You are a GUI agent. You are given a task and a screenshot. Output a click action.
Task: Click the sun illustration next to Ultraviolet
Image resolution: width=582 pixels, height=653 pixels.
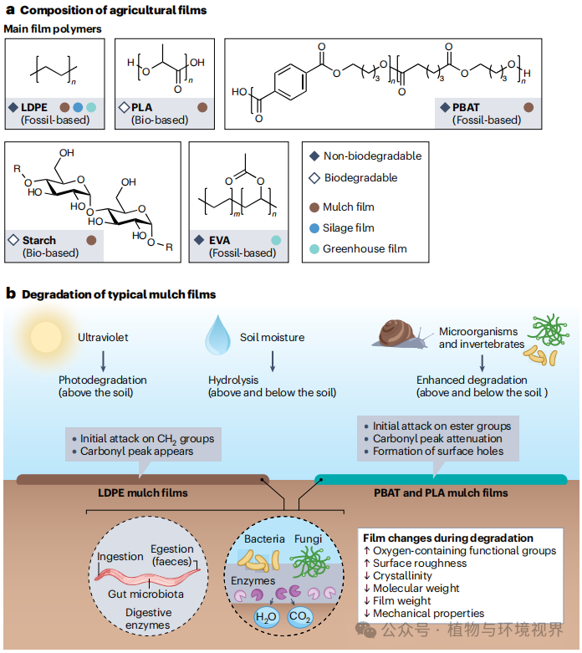46,337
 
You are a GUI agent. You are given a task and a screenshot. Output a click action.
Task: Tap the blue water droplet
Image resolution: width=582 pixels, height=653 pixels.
218,334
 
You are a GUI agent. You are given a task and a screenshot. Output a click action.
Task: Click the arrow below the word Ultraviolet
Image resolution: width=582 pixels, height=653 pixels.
103,360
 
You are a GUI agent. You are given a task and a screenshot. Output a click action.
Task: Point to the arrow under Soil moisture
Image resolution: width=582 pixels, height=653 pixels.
273,360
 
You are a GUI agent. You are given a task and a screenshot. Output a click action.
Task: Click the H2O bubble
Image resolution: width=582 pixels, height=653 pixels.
266,616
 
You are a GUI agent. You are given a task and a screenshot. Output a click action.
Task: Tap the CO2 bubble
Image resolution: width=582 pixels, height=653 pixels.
299,616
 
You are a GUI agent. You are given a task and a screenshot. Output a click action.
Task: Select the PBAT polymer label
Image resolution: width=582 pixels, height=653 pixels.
466,108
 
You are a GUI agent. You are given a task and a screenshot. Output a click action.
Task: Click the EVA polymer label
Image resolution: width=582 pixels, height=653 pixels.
219,240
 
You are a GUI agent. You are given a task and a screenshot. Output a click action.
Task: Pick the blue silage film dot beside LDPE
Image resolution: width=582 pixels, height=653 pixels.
78,108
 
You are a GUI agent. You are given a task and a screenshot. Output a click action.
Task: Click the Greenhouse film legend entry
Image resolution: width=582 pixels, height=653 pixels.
358,248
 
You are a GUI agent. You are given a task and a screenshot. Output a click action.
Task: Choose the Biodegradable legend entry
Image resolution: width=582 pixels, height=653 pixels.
353,178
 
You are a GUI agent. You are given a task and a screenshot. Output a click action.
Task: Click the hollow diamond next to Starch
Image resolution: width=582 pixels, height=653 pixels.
13,240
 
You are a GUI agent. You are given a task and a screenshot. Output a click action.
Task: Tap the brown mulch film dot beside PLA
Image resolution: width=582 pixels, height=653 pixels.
202,108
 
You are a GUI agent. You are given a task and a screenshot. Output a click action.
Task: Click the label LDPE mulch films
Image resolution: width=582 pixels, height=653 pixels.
143,493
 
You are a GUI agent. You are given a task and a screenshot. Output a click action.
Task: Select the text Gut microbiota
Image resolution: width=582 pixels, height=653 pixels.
145,594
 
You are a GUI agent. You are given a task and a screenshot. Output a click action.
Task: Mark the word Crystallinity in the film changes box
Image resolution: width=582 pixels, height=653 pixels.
402,575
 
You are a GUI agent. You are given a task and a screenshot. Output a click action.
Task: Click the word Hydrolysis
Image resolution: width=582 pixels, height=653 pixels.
233,380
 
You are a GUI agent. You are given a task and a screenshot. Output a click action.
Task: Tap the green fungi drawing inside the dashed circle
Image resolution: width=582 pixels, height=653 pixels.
310,562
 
